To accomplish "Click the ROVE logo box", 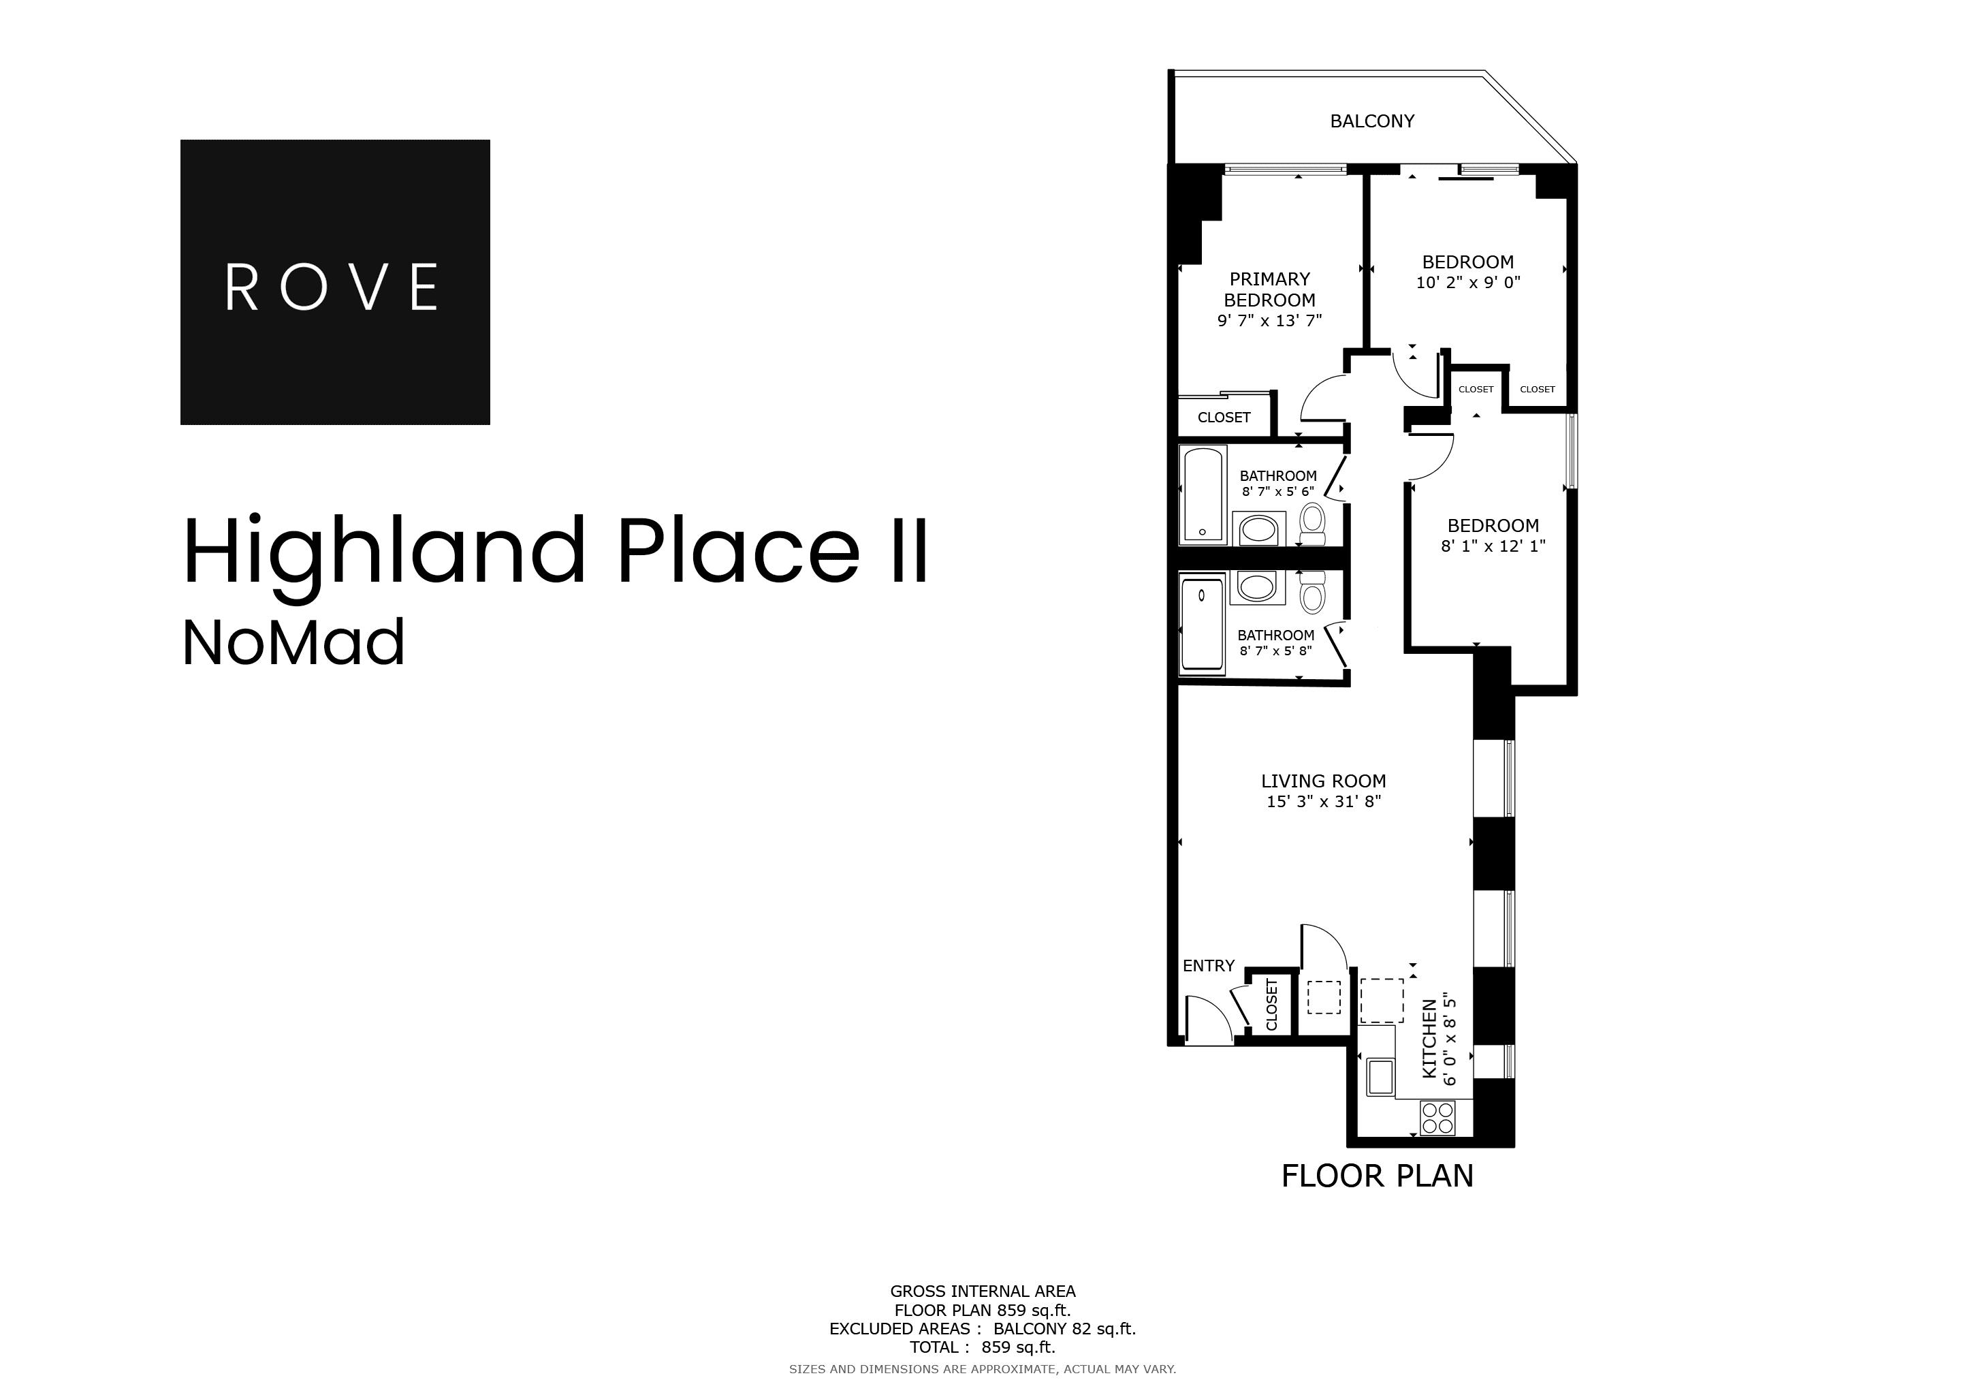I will pos(335,282).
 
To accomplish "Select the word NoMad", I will pos(293,644).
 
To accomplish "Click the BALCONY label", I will pos(1371,121).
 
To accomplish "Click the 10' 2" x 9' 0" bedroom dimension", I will pos(1468,283).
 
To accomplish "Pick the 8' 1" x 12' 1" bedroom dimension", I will pos(1493,546).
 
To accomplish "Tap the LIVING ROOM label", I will pos(1322,781).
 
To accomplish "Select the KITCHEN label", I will pos(1429,1039).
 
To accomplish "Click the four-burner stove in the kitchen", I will pos(1437,1118).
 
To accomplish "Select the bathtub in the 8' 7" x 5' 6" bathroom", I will pos(1203,495).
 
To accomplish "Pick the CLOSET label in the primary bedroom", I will pos(1223,418).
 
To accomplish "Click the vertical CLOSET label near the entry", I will pos(1272,1005).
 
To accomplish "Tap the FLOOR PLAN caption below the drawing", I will pos(1377,1176).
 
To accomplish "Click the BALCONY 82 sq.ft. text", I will pos(1064,1329).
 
